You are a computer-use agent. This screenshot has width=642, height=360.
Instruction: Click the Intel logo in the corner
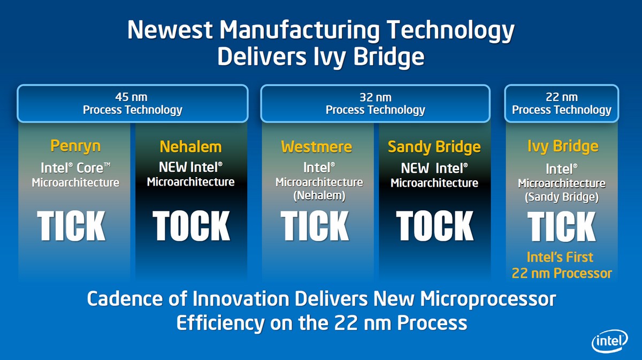(609, 341)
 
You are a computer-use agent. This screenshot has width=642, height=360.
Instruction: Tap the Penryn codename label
(75, 146)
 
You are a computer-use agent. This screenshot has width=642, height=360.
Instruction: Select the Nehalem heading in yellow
(190, 147)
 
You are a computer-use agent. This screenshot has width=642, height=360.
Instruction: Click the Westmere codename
(316, 147)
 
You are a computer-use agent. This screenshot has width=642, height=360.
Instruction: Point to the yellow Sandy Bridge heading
(434, 147)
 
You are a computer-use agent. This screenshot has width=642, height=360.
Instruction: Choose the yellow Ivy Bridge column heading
(563, 147)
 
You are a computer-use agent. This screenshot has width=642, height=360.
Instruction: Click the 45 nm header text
(131, 97)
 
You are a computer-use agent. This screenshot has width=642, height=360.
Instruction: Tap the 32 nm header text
(376, 97)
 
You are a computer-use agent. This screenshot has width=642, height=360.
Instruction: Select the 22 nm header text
(562, 97)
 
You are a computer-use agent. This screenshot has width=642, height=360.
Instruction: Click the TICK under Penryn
(71, 226)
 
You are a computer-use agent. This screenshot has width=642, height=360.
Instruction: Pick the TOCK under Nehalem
(191, 226)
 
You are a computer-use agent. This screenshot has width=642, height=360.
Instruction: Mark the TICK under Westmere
(315, 226)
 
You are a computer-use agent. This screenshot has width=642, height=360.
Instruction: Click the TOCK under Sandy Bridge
(435, 226)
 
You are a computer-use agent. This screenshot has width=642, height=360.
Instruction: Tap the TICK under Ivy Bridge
(561, 227)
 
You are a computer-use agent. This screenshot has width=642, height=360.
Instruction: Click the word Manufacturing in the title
(300, 30)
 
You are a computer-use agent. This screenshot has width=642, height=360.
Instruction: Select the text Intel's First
(560, 257)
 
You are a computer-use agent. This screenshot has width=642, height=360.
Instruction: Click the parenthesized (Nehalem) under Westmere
(319, 196)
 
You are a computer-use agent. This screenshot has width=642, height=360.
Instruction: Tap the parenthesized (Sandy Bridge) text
(562, 197)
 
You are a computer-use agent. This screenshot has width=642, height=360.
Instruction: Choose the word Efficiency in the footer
(220, 323)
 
